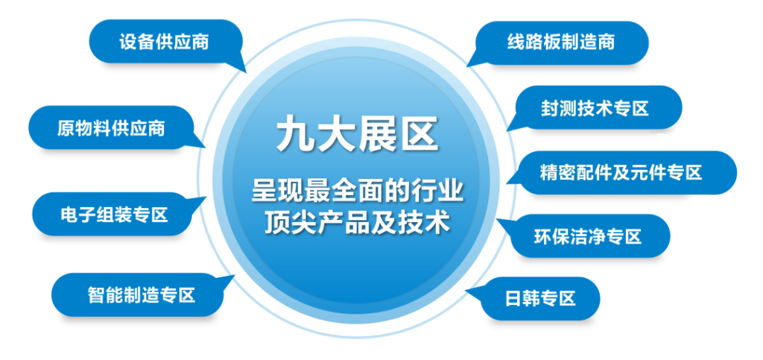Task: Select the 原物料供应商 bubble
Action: tap(111, 128)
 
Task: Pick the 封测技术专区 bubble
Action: tap(595, 108)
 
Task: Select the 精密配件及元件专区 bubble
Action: tap(621, 173)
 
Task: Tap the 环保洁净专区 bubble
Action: tap(587, 236)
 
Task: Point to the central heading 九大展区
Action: tap(358, 135)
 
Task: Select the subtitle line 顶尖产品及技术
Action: tap(357, 224)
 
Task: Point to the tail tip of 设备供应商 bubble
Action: tap(246, 72)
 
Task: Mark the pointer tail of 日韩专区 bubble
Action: tap(467, 291)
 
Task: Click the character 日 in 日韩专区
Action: tap(514, 298)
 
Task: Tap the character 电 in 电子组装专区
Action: tap(69, 215)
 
